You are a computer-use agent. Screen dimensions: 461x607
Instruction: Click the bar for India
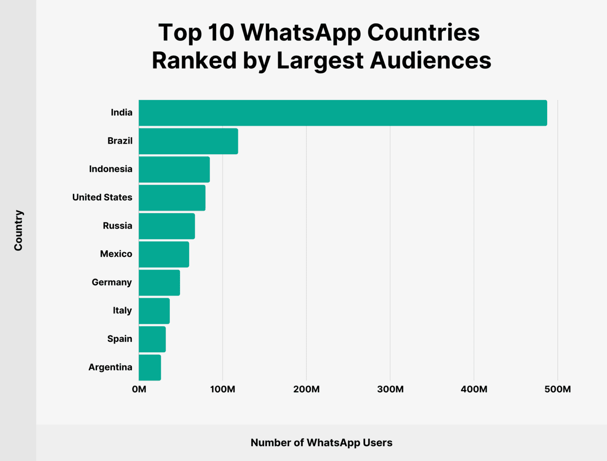coord(343,113)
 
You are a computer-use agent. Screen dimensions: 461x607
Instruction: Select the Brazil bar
coord(188,141)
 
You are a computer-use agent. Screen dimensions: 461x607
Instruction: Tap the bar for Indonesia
coord(174,169)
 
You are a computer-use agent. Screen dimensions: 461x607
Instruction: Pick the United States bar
coord(172,198)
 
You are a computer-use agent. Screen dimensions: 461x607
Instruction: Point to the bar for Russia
coord(167,226)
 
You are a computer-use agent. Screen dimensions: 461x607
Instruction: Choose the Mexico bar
coord(164,254)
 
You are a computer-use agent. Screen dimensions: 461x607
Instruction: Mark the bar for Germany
coord(159,282)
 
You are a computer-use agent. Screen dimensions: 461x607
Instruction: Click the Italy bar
coord(154,311)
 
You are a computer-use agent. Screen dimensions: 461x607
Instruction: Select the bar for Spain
coord(152,339)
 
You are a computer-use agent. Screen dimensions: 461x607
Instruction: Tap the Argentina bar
coord(150,367)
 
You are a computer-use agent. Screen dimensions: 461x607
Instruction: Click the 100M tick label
coord(223,389)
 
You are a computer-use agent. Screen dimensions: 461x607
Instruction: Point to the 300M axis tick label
coord(390,389)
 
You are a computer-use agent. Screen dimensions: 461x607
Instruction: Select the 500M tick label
coord(557,389)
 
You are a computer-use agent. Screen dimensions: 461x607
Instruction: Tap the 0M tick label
coord(139,389)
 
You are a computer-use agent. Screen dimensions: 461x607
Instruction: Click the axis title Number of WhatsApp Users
coord(321,442)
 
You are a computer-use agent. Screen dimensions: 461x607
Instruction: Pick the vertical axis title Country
coord(18,230)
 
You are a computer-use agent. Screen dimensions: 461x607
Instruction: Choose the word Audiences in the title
coord(430,61)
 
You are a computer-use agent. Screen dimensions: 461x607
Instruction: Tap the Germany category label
coord(112,282)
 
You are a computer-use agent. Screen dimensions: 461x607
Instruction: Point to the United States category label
coord(102,197)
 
